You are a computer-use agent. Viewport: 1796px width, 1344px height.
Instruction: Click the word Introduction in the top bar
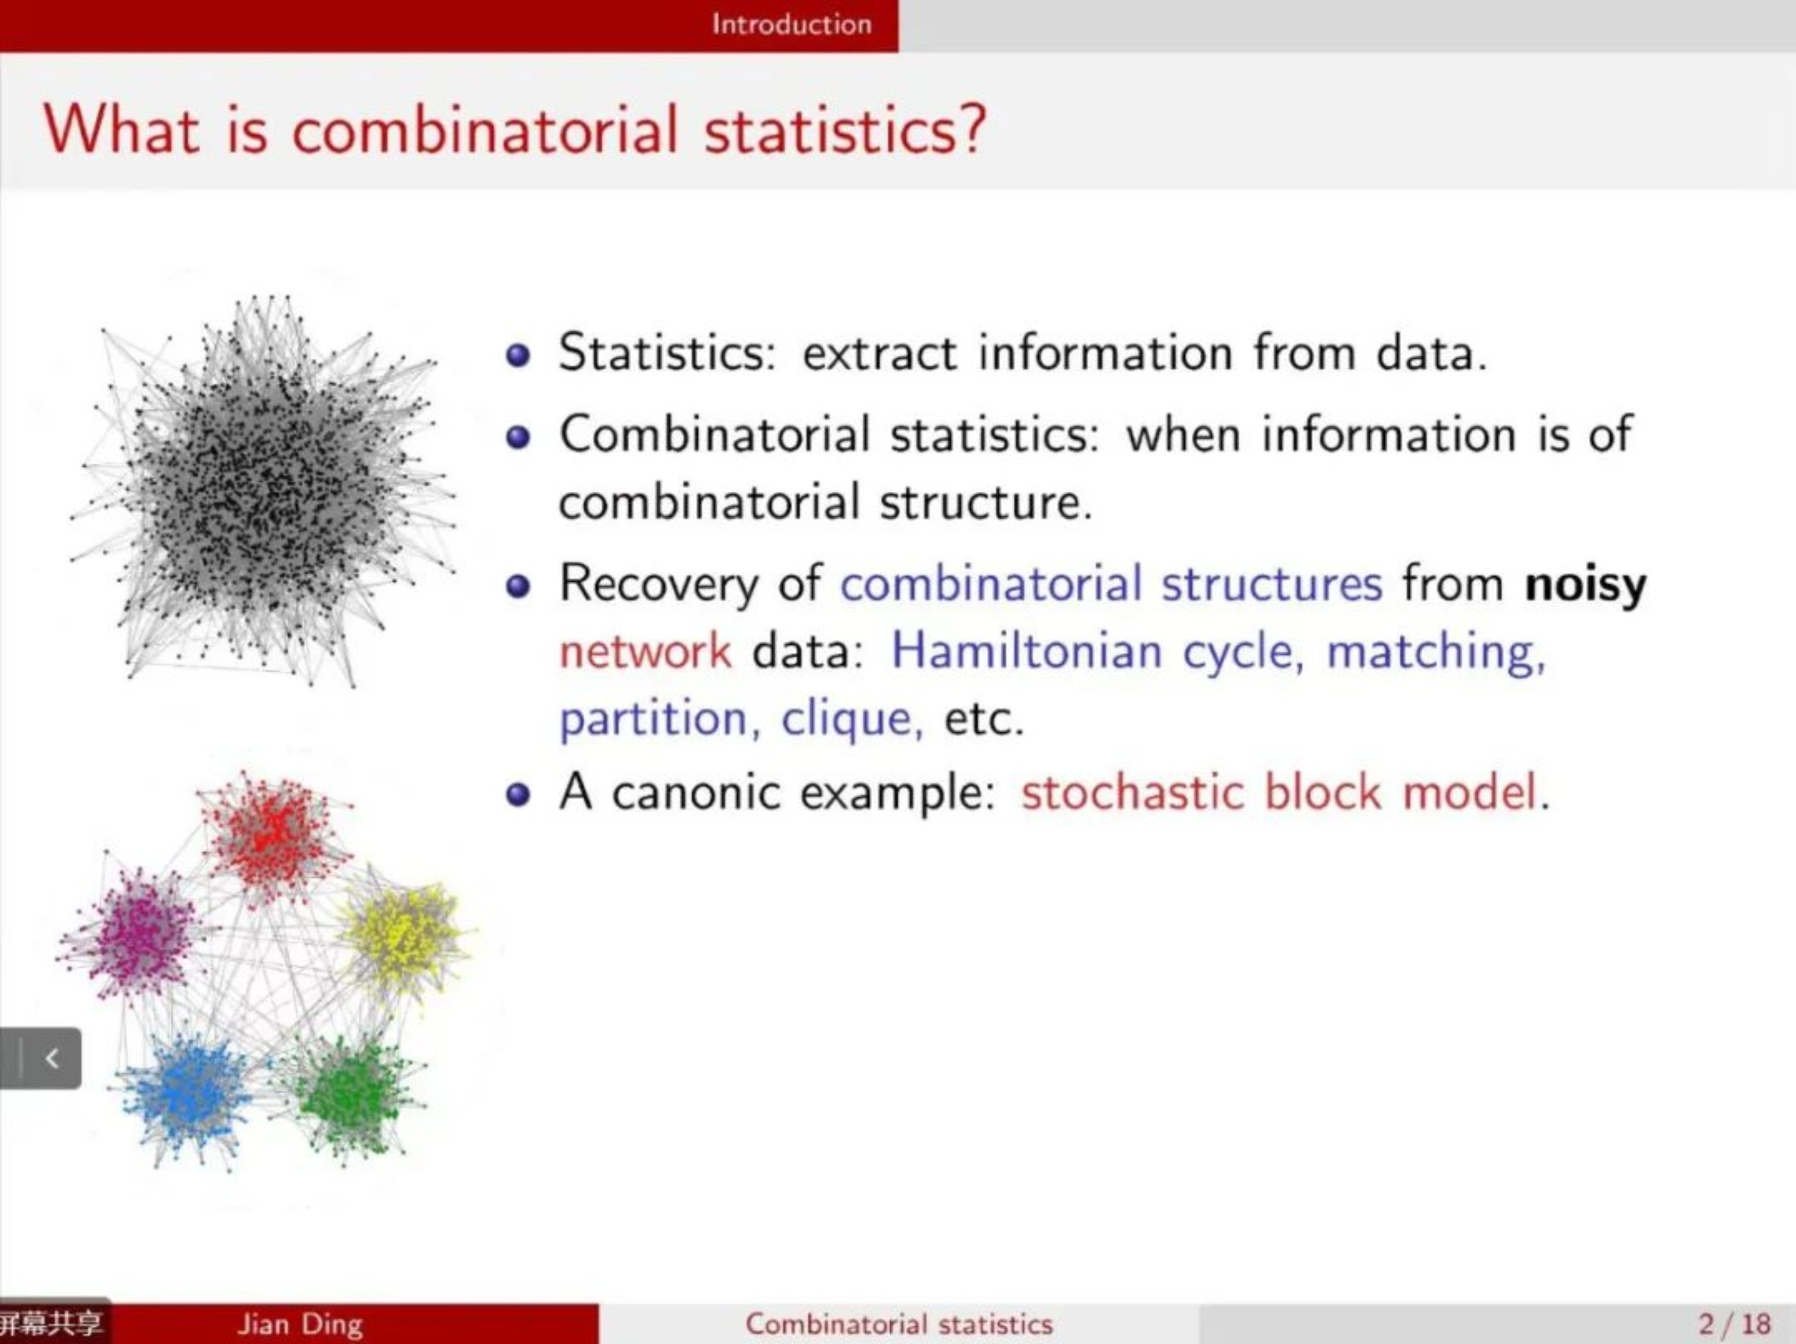(x=792, y=24)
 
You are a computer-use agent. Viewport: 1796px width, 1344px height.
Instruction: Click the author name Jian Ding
(x=300, y=1324)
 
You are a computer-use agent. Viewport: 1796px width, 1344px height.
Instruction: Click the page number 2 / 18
(x=1734, y=1324)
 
